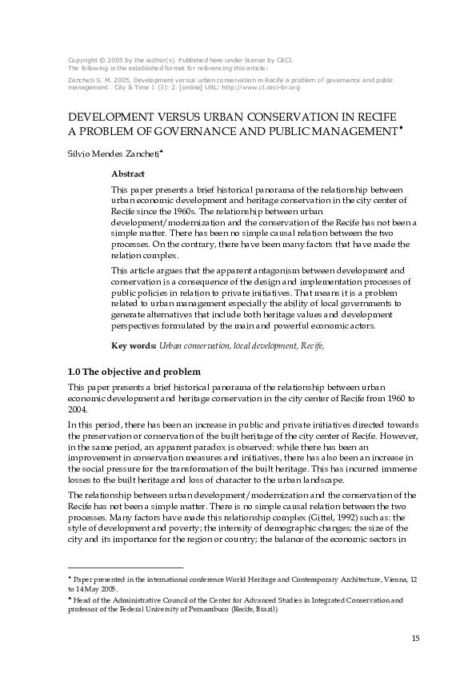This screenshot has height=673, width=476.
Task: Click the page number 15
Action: (414, 637)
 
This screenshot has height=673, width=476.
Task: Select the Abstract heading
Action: (127, 173)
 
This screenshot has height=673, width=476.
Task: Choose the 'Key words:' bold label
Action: (134, 345)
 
